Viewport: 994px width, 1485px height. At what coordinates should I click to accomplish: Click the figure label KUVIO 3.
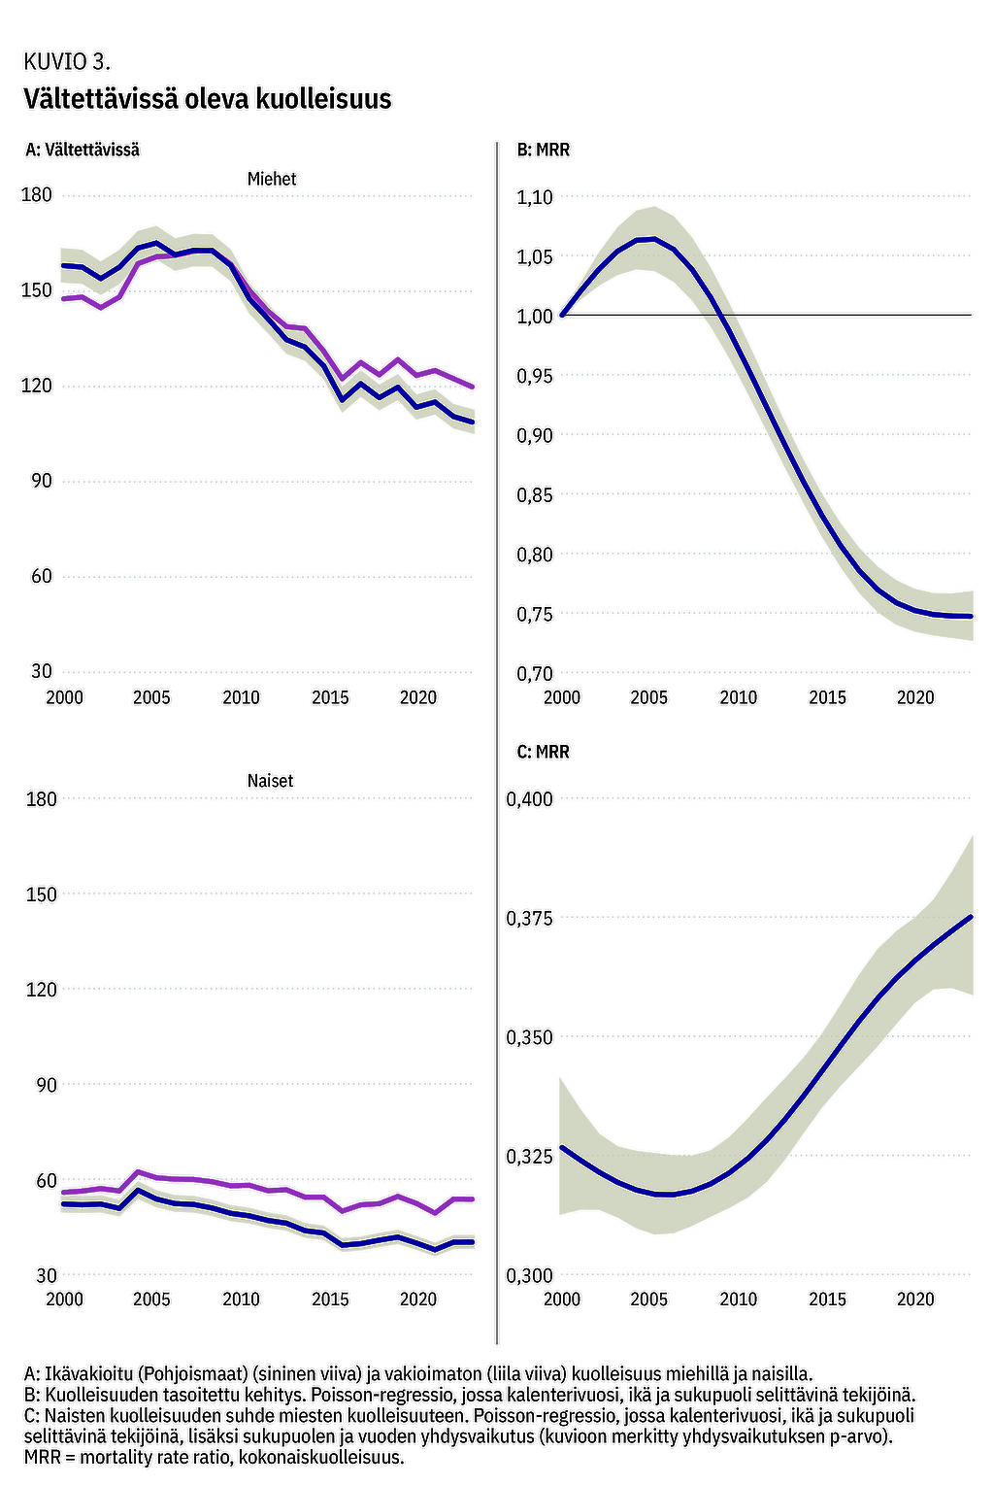(66, 62)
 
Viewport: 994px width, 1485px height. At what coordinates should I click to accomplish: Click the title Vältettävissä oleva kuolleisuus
(208, 99)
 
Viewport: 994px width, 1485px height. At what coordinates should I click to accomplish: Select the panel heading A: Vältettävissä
(83, 150)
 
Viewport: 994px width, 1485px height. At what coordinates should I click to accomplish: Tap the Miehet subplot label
(272, 179)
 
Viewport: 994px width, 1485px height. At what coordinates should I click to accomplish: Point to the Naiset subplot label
(270, 781)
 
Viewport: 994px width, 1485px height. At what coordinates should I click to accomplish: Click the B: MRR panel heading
(544, 150)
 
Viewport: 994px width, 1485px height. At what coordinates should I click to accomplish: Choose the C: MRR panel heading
(544, 752)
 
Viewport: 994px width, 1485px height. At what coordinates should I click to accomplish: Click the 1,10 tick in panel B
(534, 197)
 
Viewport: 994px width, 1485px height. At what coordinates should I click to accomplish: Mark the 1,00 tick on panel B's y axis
(534, 316)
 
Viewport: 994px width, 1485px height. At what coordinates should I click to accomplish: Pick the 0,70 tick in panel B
(534, 673)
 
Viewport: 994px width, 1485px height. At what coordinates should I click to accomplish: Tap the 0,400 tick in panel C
(529, 799)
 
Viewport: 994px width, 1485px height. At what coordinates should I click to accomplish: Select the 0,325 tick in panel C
(529, 1157)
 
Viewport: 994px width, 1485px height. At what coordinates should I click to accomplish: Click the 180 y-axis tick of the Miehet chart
(37, 195)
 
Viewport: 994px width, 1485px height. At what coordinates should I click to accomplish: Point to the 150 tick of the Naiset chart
(41, 894)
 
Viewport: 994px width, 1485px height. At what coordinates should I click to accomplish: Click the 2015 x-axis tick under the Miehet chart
(330, 697)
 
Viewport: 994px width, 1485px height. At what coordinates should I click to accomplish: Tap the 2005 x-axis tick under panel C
(649, 1299)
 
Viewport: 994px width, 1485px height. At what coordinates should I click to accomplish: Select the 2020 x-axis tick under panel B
(915, 697)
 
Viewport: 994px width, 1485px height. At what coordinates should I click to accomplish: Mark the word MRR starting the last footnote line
(44, 1457)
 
